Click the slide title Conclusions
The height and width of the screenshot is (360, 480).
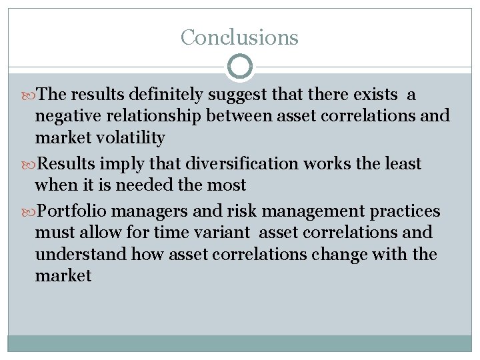click(239, 37)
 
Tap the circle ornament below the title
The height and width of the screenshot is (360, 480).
click(240, 67)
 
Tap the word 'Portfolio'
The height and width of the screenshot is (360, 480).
click(77, 211)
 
